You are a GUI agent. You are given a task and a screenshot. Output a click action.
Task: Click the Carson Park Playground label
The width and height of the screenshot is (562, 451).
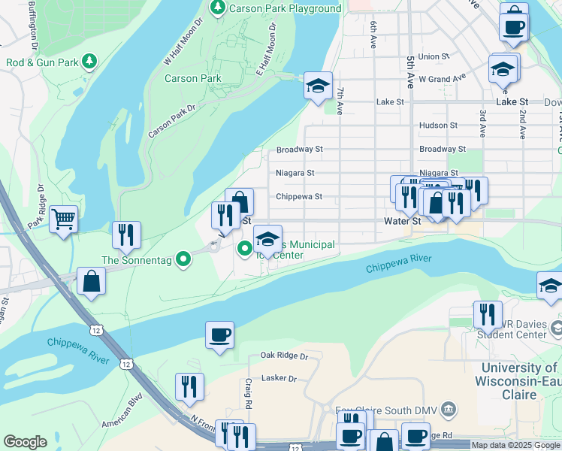tap(285, 8)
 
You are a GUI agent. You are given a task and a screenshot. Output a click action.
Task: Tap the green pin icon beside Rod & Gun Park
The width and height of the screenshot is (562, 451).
tap(89, 60)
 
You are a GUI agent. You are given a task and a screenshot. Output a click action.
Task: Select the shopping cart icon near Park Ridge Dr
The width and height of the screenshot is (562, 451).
tap(64, 219)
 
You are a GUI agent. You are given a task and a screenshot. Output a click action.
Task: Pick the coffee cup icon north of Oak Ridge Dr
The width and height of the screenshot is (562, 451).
tap(219, 335)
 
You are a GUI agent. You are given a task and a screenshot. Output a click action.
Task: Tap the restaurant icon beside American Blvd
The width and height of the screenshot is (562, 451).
tap(189, 387)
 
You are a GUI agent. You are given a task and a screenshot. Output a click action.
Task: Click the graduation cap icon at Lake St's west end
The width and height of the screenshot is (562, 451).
tap(318, 86)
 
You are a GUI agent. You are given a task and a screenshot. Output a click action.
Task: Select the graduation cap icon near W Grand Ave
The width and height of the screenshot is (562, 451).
tap(502, 71)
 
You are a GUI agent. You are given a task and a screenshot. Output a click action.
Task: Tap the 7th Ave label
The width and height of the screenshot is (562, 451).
tap(340, 101)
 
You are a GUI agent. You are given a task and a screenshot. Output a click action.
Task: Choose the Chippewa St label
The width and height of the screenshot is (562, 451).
tap(298, 197)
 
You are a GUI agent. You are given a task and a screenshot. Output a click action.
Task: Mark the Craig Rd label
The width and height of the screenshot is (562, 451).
tap(248, 390)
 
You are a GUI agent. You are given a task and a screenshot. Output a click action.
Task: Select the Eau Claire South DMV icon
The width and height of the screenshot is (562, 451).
tap(449, 410)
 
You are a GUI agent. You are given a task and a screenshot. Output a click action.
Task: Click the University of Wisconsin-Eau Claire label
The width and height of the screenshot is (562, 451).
tap(520, 381)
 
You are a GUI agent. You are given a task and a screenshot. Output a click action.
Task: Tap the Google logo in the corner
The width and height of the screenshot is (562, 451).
tap(25, 442)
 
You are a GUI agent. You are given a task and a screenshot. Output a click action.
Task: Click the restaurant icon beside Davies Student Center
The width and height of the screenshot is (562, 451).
tap(487, 315)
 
